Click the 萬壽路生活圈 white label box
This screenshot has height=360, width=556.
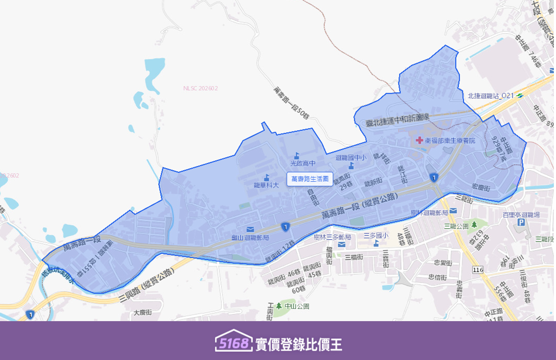tap(310, 179)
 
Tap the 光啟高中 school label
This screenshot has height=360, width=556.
tap(303, 163)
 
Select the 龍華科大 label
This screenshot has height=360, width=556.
tap(266, 185)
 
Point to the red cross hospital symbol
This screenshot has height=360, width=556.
tap(419, 140)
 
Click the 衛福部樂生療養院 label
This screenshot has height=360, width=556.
tap(450, 140)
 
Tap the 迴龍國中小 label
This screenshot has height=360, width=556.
tap(351, 158)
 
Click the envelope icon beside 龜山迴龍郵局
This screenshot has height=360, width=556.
tap(250, 230)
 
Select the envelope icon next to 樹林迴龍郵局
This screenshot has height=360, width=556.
tap(453, 211)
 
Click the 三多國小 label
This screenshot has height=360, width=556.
tap(376, 235)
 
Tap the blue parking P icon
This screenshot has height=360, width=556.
tap(521, 222)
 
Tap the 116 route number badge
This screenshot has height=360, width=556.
tap(478, 269)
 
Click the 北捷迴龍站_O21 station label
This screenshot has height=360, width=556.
tap(491, 96)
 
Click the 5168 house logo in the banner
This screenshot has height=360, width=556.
tap(234, 341)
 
